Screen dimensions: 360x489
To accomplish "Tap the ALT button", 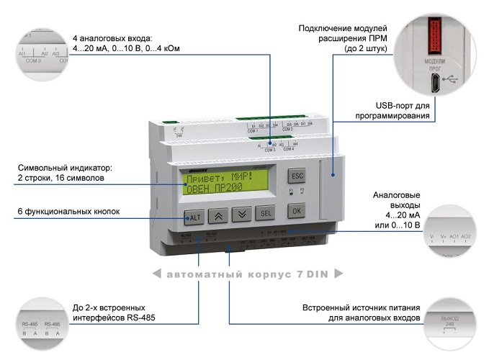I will [x=194, y=216].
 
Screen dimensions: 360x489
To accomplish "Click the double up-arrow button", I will [x=218, y=215].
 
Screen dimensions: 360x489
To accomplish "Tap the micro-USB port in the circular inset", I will [x=436, y=85].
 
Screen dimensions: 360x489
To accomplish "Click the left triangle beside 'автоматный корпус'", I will [x=156, y=274].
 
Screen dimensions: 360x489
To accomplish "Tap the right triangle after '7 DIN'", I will [x=338, y=274].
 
